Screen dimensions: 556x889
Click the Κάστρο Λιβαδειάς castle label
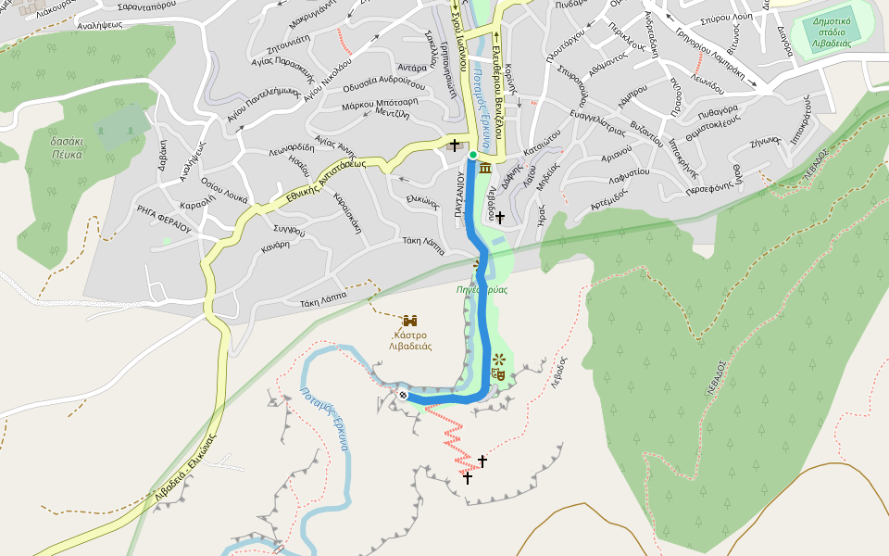pos(410,339)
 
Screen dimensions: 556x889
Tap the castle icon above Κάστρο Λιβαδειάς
pos(410,320)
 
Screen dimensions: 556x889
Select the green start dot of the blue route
pos(472,155)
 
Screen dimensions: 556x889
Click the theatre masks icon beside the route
pos(498,374)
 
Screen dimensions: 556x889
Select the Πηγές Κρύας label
pos(482,290)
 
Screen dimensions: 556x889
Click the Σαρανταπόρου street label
pos(135,5)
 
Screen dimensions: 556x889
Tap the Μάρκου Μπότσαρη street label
pos(380,103)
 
